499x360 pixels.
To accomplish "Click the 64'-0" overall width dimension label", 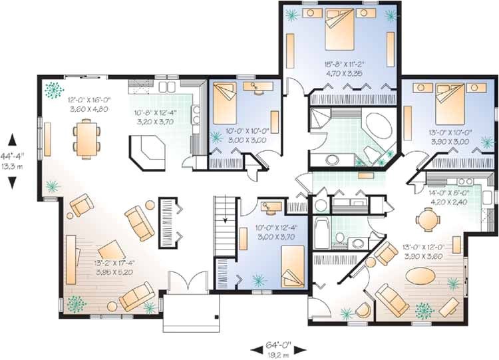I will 279,345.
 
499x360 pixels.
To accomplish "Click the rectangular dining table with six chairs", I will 86,138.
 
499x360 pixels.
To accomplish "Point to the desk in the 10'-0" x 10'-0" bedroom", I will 255,86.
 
